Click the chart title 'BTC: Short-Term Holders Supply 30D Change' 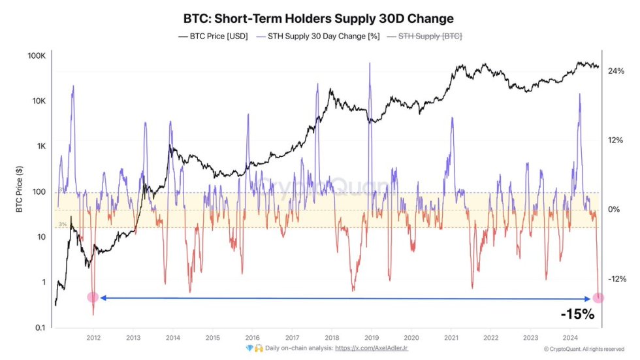point(319,18)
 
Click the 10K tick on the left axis point(37,101)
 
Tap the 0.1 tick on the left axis point(40,327)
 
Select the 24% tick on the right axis point(616,71)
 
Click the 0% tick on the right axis point(614,210)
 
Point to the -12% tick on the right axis point(616,279)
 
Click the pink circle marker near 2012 point(93,297)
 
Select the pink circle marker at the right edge point(598,298)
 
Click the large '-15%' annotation point(578,314)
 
